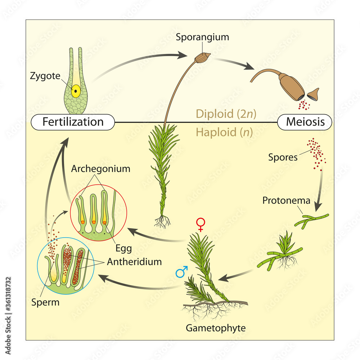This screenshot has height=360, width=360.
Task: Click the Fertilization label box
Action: coord(73,122)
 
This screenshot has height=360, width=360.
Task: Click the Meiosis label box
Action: coord(305,122)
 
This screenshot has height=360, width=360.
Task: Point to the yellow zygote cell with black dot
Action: coord(76,91)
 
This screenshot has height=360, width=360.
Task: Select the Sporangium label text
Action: coord(203,37)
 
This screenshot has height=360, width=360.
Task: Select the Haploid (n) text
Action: coord(224,132)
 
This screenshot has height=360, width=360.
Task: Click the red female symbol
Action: coord(200,225)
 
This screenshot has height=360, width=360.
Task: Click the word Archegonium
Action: coord(100,169)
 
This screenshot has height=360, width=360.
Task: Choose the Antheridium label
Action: coord(134,262)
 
